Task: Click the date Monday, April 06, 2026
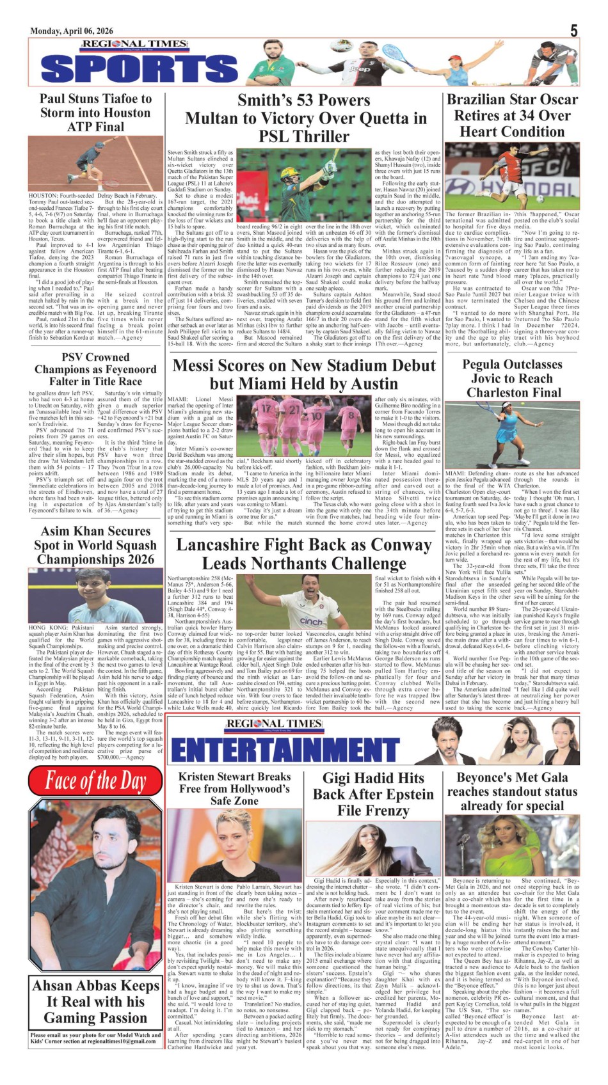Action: tap(71, 31)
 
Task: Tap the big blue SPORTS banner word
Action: tap(140, 68)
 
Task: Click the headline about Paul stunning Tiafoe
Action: tap(96, 113)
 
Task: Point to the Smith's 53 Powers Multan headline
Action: tap(305, 118)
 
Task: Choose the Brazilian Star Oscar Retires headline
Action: tap(512, 116)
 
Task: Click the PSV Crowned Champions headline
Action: tap(95, 369)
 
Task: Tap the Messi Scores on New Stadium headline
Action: tap(305, 374)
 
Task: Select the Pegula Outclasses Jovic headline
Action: tap(512, 378)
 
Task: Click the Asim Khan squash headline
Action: tap(95, 545)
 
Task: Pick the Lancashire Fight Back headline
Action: tap(305, 554)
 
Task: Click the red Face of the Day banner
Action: tap(95, 781)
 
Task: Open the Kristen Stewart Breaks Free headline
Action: tap(234, 788)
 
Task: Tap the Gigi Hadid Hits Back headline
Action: tap(373, 794)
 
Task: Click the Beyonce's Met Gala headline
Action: tap(512, 791)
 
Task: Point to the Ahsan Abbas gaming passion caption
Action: tap(95, 1001)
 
